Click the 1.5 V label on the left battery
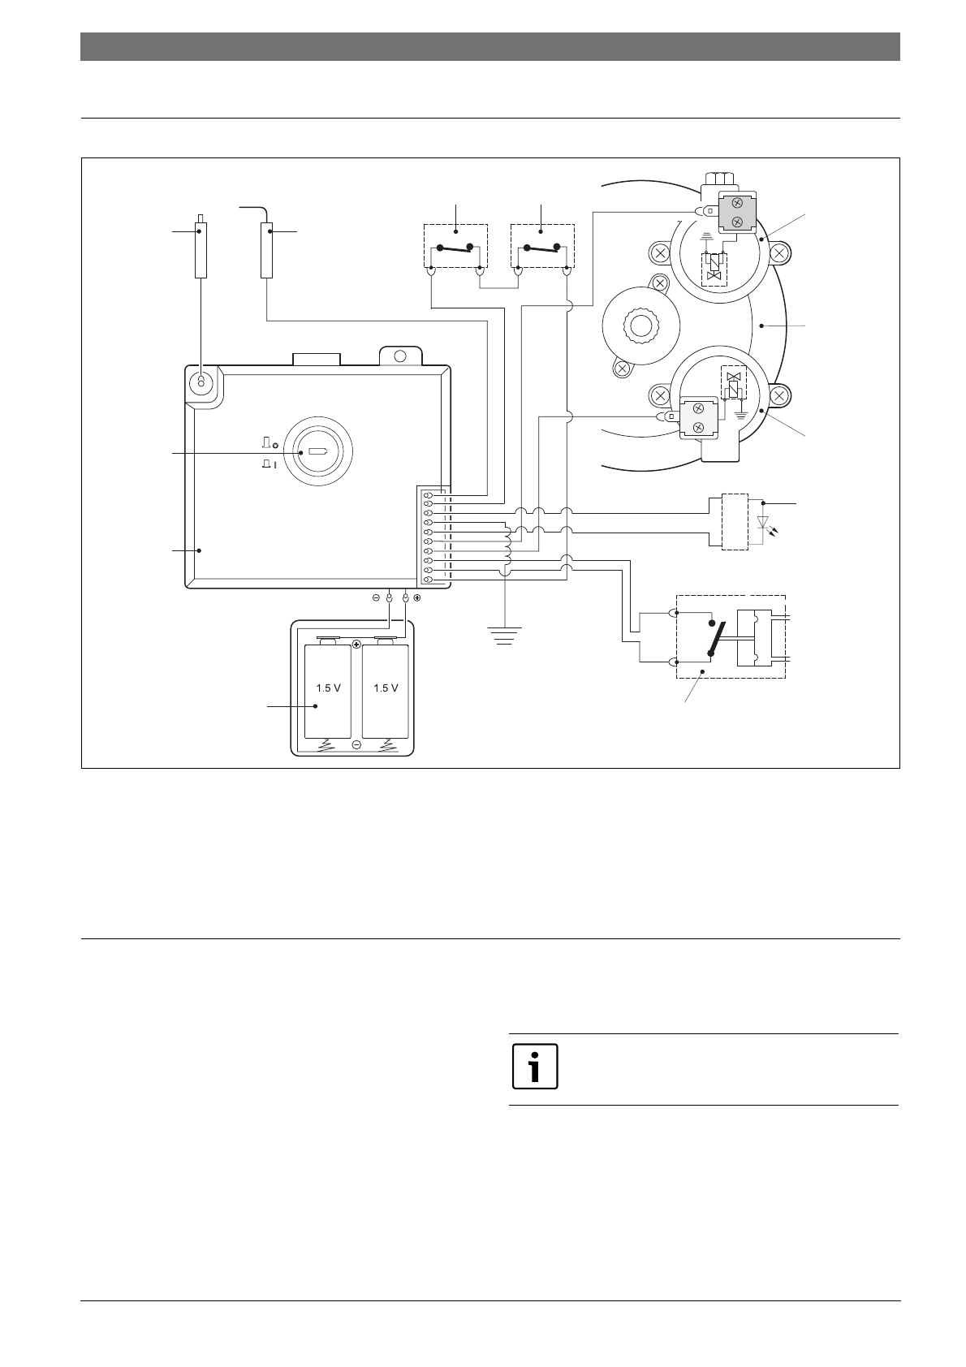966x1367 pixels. pyautogui.click(x=328, y=688)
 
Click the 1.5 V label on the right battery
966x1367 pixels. pyautogui.click(x=386, y=688)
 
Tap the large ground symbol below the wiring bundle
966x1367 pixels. pyautogui.click(x=505, y=634)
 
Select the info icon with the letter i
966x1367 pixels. pyautogui.click(x=535, y=1065)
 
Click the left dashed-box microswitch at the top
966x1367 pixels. pyautogui.click(x=455, y=246)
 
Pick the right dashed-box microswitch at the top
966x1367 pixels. pyautogui.click(x=541, y=246)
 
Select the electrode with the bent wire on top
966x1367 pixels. pyautogui.click(x=266, y=248)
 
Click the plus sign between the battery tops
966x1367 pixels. pyautogui.click(x=356, y=644)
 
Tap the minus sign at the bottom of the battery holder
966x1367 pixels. pyautogui.click(x=356, y=744)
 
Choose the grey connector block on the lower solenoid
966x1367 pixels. pyautogui.click(x=698, y=417)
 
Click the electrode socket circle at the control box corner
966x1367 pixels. pyautogui.click(x=200, y=382)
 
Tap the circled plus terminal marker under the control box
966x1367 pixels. pyautogui.click(x=416, y=598)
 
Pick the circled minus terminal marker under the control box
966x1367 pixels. pyautogui.click(x=376, y=598)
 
